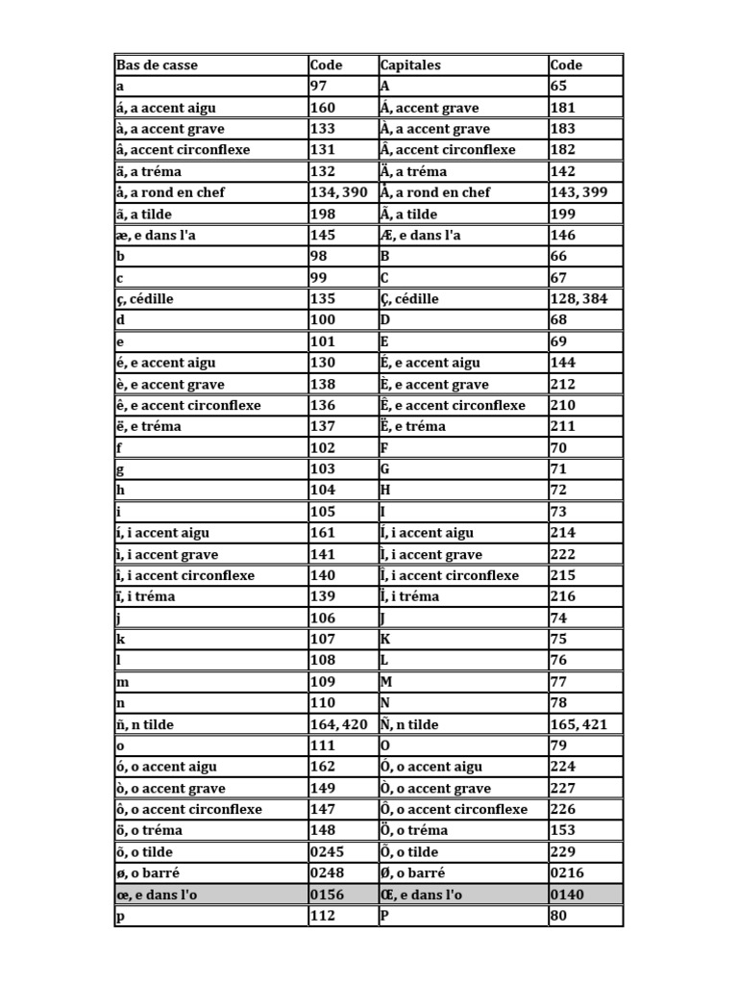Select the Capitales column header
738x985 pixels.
click(x=410, y=65)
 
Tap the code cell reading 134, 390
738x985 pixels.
click(x=338, y=192)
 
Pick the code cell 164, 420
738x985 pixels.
click(x=338, y=724)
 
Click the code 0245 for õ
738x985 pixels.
click(x=327, y=851)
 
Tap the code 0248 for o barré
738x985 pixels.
click(x=327, y=872)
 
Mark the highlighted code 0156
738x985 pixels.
click(x=327, y=895)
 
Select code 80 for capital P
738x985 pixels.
click(x=558, y=916)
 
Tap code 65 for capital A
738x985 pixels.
click(x=558, y=87)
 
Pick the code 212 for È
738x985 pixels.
click(x=562, y=385)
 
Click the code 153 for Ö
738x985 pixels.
click(x=562, y=830)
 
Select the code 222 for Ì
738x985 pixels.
click(x=562, y=555)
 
